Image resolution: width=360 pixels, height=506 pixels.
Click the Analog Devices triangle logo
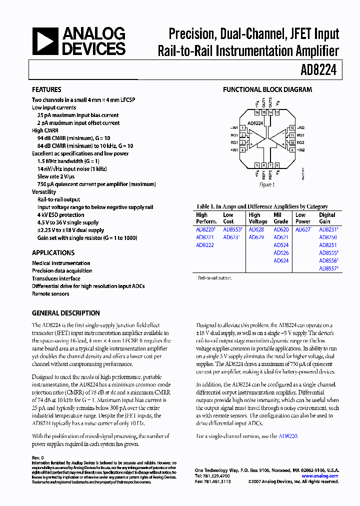point(45,41)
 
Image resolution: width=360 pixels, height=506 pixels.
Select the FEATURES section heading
point(46,90)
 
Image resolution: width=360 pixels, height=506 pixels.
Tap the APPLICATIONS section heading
point(53,253)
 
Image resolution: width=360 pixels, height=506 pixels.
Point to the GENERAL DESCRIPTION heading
point(65,313)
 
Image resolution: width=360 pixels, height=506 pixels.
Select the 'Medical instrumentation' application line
point(61,263)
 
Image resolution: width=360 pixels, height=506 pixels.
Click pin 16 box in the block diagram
point(257,113)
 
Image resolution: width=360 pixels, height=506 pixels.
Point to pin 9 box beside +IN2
point(292,149)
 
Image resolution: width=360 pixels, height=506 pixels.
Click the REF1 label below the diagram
point(263,174)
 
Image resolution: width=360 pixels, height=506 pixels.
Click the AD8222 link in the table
point(204,245)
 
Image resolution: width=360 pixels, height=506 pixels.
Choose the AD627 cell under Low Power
point(303,230)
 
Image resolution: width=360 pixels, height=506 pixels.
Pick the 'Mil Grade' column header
point(281,218)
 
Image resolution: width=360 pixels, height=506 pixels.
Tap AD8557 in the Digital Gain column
point(328,268)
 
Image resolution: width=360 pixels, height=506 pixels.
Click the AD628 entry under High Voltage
point(256,230)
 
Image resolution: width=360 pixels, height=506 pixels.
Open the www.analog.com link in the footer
point(320,476)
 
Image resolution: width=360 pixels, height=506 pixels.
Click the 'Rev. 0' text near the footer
point(38,458)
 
